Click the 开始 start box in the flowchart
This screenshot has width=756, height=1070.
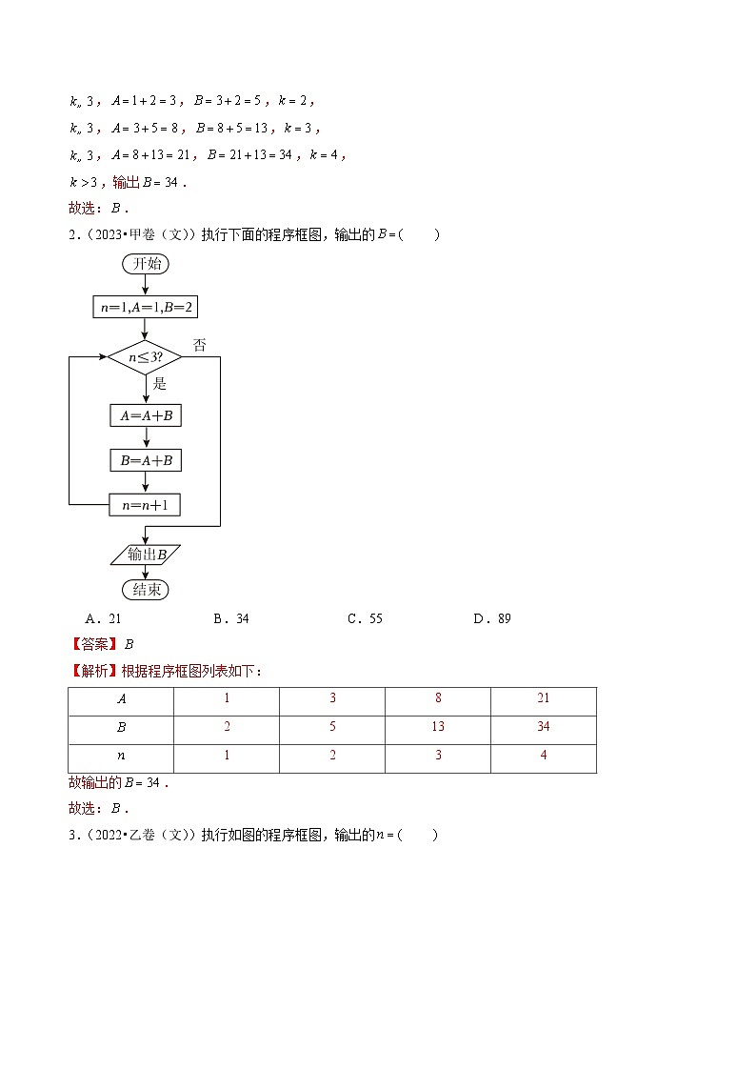click(145, 265)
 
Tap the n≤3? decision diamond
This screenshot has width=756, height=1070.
click(145, 358)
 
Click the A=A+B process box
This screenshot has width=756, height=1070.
click(145, 415)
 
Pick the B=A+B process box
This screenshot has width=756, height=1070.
click(145, 460)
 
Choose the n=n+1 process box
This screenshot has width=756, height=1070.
click(145, 505)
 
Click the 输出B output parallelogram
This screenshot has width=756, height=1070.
click(146, 554)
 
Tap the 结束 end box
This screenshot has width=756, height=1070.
click(145, 590)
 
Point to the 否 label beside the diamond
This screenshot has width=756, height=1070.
click(200, 345)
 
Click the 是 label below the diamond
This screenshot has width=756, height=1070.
click(160, 383)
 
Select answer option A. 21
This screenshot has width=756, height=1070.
click(104, 618)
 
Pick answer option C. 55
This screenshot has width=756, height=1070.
click(365, 618)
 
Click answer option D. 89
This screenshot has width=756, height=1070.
click(492, 618)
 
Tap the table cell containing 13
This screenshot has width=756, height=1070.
click(437, 728)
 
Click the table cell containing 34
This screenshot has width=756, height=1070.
click(543, 728)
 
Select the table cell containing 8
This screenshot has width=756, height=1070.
click(437, 698)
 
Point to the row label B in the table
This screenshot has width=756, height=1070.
click(121, 728)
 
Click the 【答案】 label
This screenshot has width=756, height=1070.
click(93, 643)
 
